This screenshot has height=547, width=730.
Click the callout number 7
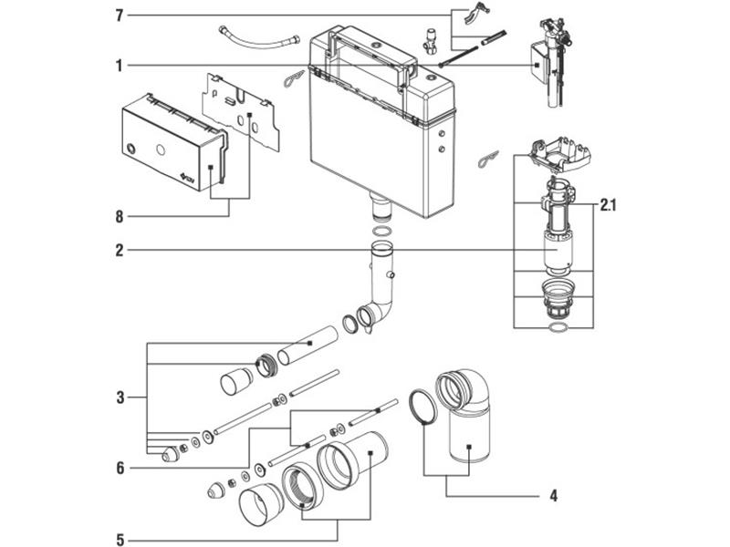coord(120,15)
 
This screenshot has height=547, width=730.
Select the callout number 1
coord(120,66)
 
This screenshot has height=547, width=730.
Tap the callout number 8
coord(120,216)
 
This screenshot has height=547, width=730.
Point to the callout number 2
coord(120,250)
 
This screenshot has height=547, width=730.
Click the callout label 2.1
coord(608,207)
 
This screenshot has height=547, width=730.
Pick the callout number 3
coord(120,397)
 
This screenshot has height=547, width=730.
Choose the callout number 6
coord(120,469)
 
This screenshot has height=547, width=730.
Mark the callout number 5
coord(120,537)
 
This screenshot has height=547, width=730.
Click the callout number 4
coord(552,497)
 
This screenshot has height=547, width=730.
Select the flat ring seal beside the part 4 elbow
coord(420,407)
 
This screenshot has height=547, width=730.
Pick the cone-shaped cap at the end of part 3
coord(171,453)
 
